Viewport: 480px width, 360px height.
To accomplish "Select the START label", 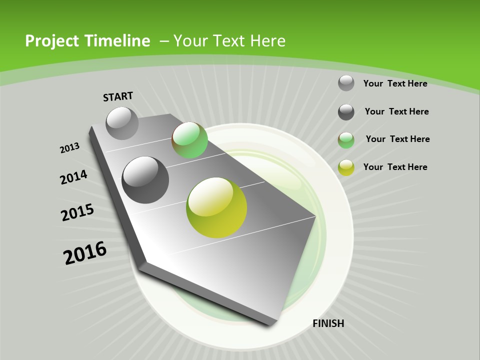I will [x=118, y=96].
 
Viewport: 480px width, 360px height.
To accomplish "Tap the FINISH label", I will [x=328, y=323].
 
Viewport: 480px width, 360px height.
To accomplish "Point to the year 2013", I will [x=70, y=148].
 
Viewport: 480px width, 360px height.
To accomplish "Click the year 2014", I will [x=74, y=177].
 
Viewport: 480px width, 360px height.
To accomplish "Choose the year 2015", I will [x=77, y=212].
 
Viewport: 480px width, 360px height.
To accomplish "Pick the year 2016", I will [x=85, y=253].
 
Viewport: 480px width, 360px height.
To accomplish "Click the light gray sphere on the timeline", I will [x=122, y=123].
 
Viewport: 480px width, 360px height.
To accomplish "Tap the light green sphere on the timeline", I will [x=189, y=140].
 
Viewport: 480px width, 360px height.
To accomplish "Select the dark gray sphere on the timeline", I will [x=145, y=179].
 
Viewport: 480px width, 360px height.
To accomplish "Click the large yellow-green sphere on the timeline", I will [x=216, y=207].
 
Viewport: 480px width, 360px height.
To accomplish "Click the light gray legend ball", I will [x=346, y=83].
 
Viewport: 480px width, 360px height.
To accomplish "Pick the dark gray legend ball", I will [x=346, y=112].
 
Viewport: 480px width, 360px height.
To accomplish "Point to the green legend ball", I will [x=346, y=140].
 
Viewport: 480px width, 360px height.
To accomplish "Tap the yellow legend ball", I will [x=346, y=167].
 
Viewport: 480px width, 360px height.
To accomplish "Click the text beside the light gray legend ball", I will [x=395, y=83].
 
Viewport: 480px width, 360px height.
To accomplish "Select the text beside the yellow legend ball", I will [x=395, y=167].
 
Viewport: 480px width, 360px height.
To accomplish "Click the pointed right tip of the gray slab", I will [x=315, y=217].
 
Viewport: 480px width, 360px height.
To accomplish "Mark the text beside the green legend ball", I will [x=397, y=139].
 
